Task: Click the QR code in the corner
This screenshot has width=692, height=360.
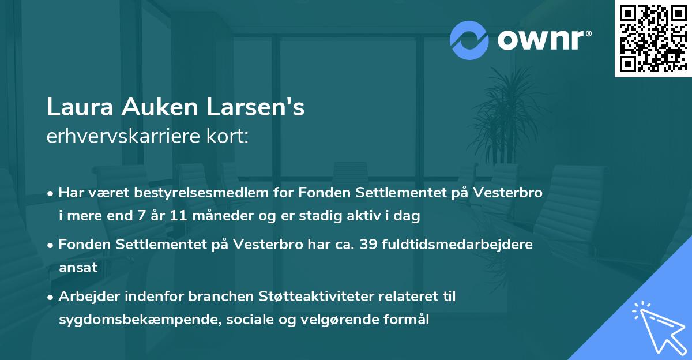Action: [x=653, y=38]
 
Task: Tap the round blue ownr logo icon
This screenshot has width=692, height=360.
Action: [x=469, y=40]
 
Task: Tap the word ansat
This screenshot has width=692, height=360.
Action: [x=78, y=268]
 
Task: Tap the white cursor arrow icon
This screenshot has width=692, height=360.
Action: [x=657, y=326]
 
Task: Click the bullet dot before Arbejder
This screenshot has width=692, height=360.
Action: [x=51, y=297]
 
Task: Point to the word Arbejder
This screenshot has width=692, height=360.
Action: [x=86, y=296]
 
